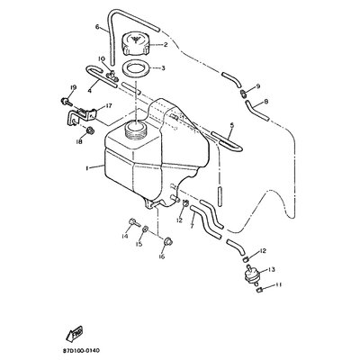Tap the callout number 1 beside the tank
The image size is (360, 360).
[x=86, y=168]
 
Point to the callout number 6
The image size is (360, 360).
[x=96, y=28]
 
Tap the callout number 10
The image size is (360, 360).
[x=101, y=61]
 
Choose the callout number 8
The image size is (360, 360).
[x=265, y=103]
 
